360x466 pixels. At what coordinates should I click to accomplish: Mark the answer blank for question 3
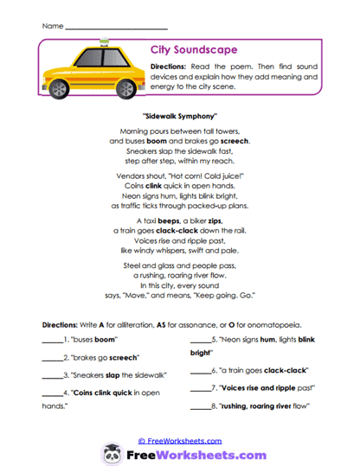click(x=53, y=376)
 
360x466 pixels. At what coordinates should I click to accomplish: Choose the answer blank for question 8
click(x=200, y=406)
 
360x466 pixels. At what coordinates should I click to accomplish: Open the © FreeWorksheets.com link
click(x=179, y=439)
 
